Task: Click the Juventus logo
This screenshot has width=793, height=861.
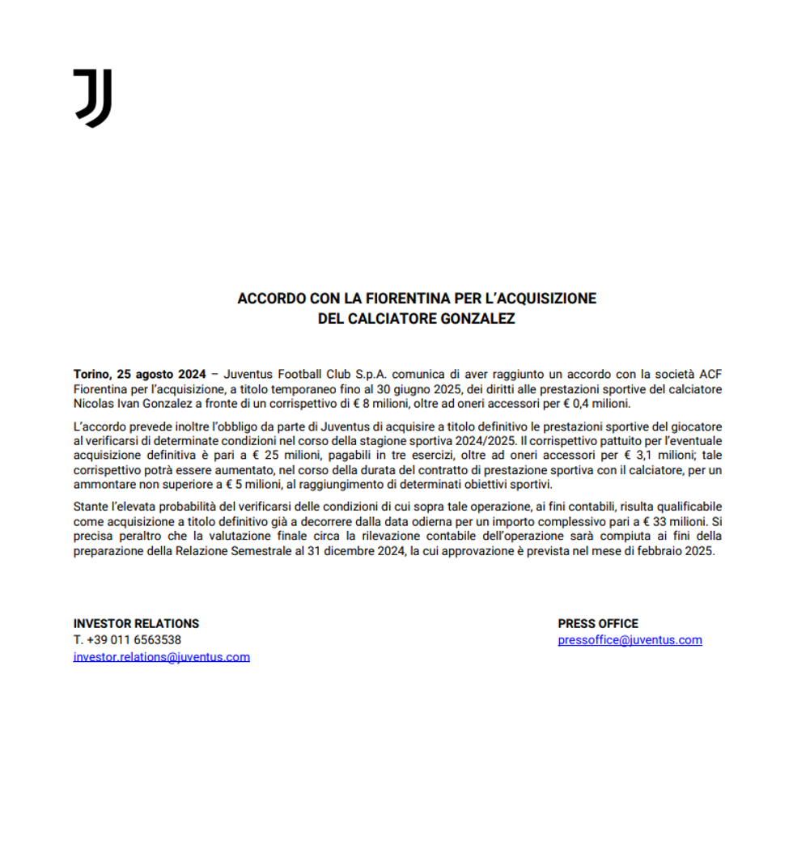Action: [x=92, y=98]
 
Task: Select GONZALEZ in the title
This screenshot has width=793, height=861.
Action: [x=477, y=319]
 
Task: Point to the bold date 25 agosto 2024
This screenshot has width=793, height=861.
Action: [x=159, y=374]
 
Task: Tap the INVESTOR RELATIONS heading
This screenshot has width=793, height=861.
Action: [x=136, y=624]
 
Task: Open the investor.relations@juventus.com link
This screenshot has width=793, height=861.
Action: [x=162, y=657]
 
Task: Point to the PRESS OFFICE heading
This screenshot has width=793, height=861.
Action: [x=598, y=624]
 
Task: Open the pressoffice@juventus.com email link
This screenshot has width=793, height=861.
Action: [x=630, y=640]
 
